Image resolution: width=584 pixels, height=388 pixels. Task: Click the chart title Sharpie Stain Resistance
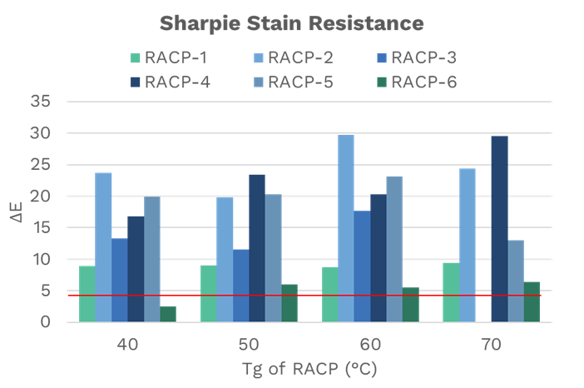click(292, 22)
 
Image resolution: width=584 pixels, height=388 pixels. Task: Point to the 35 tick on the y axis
click(41, 102)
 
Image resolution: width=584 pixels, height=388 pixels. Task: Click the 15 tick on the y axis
click(41, 228)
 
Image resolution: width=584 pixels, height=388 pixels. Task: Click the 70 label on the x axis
click(491, 343)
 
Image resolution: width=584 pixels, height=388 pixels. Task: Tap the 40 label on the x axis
click(127, 343)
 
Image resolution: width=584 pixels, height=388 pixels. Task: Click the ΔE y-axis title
click(16, 211)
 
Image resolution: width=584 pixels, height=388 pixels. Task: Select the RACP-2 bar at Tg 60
click(346, 228)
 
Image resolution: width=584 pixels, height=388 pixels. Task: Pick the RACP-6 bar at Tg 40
click(168, 314)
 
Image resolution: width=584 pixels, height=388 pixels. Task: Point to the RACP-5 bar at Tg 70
click(516, 281)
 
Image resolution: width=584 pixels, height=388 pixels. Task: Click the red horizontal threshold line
click(308, 296)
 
